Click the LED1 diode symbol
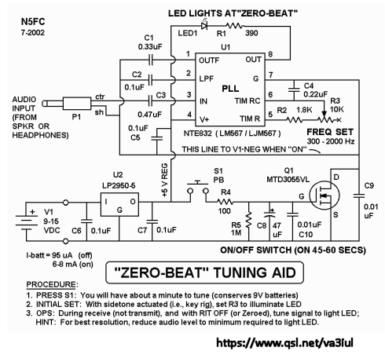[x=204, y=25]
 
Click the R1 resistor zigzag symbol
[x=235, y=26]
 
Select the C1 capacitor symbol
[x=150, y=60]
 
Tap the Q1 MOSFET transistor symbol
[x=324, y=196]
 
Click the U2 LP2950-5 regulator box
[x=119, y=205]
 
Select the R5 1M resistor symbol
[x=248, y=220]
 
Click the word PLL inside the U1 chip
[x=230, y=88]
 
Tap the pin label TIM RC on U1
[x=247, y=101]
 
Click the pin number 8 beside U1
[x=270, y=54]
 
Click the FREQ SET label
[x=330, y=132]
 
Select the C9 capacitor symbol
[x=359, y=196]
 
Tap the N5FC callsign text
[x=33, y=21]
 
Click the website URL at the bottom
[x=284, y=342]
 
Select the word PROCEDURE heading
[x=51, y=284]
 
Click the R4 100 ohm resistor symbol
[x=225, y=202]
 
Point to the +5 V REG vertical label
[x=165, y=180]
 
